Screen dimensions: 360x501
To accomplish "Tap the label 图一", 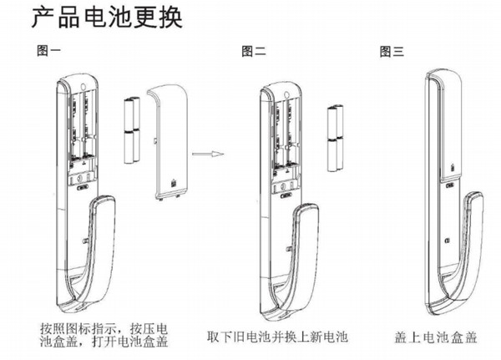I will tap(48, 51).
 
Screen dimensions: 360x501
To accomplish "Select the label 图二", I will tap(253, 51).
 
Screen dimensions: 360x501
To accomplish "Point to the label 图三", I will tap(392, 51).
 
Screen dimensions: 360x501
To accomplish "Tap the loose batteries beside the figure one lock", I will tap(131, 131).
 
